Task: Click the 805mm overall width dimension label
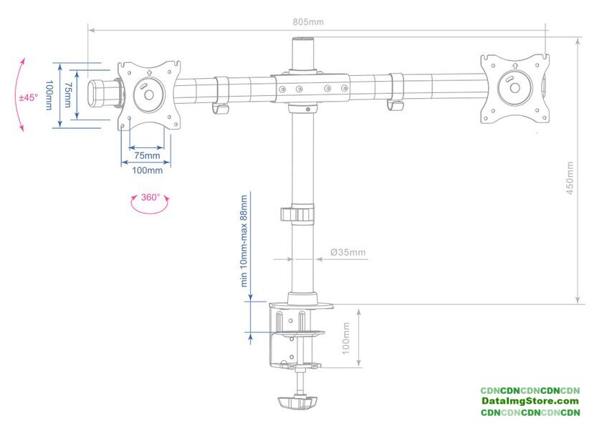pos(308,22)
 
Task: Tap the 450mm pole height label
pos(570,178)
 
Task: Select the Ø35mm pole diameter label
pos(348,252)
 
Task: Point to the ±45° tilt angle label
pos(29,97)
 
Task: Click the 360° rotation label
pos(150,197)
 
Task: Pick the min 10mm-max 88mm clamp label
pos(244,241)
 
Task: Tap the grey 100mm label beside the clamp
pos(345,338)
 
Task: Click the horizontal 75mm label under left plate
pos(147,155)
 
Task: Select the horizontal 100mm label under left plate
pos(147,170)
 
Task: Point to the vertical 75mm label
pos(67,95)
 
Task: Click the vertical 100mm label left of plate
pos(49,95)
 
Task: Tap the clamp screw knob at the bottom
pos(298,402)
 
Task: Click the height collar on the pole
pos(297,214)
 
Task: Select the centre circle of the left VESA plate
pos(148,95)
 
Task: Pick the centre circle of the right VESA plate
pos(515,88)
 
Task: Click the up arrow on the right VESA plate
pos(515,66)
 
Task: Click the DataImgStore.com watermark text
pos(530,401)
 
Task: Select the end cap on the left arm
pos(96,93)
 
